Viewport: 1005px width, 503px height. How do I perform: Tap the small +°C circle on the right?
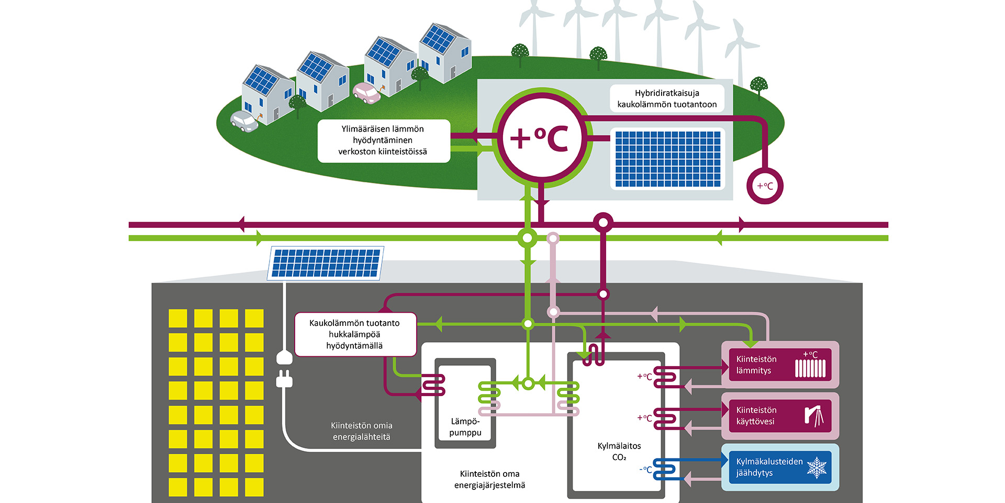tap(764, 185)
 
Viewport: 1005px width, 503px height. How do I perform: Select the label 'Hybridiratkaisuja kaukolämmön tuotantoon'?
tap(667, 99)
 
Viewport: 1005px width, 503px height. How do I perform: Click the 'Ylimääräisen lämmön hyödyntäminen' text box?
tap(383, 140)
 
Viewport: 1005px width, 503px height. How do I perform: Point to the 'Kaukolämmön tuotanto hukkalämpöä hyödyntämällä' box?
tap(355, 334)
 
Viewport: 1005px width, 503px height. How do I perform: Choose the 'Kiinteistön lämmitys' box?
tap(779, 365)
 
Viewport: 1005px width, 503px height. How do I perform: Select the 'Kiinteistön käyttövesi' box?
tap(779, 415)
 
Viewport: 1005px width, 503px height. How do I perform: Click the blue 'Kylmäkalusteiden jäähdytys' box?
tap(779, 467)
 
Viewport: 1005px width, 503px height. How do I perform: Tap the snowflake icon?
tap(817, 467)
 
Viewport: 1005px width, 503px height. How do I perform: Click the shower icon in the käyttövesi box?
tap(814, 416)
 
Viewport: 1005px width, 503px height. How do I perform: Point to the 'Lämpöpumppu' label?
tap(465, 427)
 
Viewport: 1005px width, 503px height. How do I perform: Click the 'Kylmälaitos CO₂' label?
tap(619, 451)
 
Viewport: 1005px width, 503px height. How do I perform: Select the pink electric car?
tap(366, 93)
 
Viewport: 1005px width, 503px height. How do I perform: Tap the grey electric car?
tap(244, 121)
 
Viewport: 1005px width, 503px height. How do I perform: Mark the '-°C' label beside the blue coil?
tap(646, 469)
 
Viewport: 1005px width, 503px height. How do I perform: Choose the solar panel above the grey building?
tap(326, 263)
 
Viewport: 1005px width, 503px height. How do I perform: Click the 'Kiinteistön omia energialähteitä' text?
tap(361, 431)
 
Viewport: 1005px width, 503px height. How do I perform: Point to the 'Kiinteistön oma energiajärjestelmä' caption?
tap(489, 479)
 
